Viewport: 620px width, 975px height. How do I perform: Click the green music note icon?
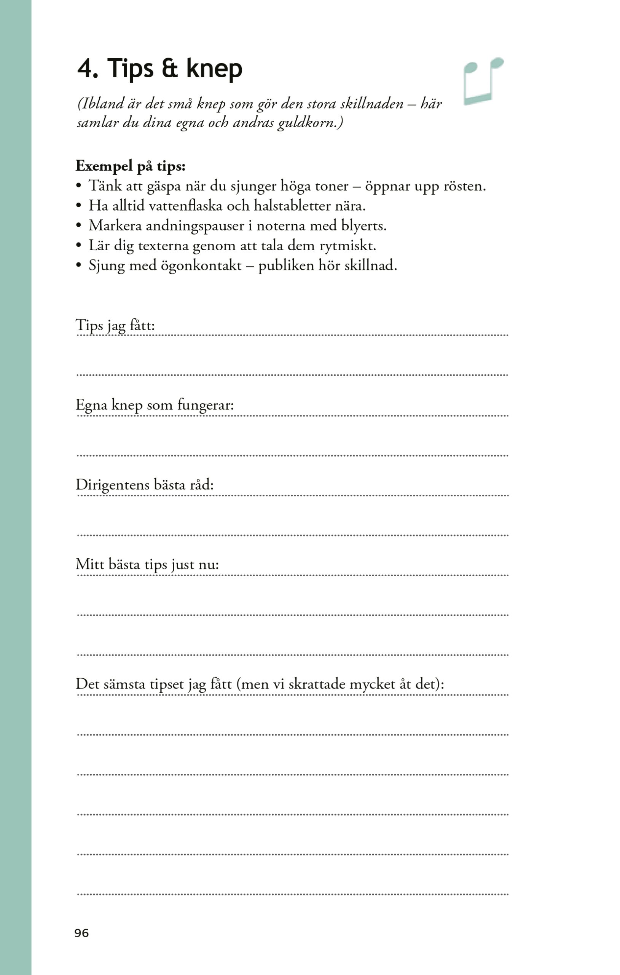click(x=483, y=81)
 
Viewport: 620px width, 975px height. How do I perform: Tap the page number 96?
click(x=81, y=933)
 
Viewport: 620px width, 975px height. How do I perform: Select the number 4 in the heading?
click(x=85, y=69)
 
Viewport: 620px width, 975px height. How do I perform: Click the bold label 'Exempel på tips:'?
click(x=130, y=166)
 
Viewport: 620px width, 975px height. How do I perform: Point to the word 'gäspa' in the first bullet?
click(x=164, y=187)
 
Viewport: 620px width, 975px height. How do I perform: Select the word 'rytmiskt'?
click(x=346, y=245)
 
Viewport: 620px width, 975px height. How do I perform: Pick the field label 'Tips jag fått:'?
click(x=115, y=326)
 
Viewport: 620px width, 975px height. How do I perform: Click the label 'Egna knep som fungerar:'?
click(x=155, y=405)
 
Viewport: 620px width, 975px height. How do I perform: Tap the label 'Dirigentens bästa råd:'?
click(x=145, y=485)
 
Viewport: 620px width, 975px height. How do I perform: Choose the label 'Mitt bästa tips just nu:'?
click(x=147, y=565)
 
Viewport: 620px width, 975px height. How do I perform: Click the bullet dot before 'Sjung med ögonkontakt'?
click(x=79, y=265)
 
